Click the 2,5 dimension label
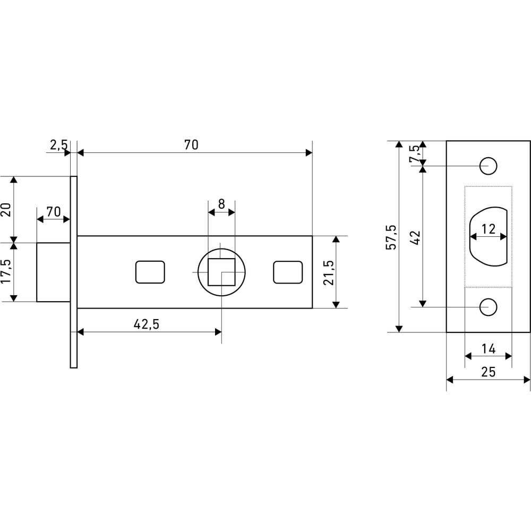(x=59, y=145)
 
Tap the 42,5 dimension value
(x=147, y=324)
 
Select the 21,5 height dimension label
(x=329, y=272)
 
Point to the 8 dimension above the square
(x=221, y=204)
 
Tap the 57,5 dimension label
(x=391, y=237)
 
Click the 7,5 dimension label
(x=414, y=153)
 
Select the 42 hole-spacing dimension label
(x=415, y=237)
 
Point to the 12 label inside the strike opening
(x=489, y=229)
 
